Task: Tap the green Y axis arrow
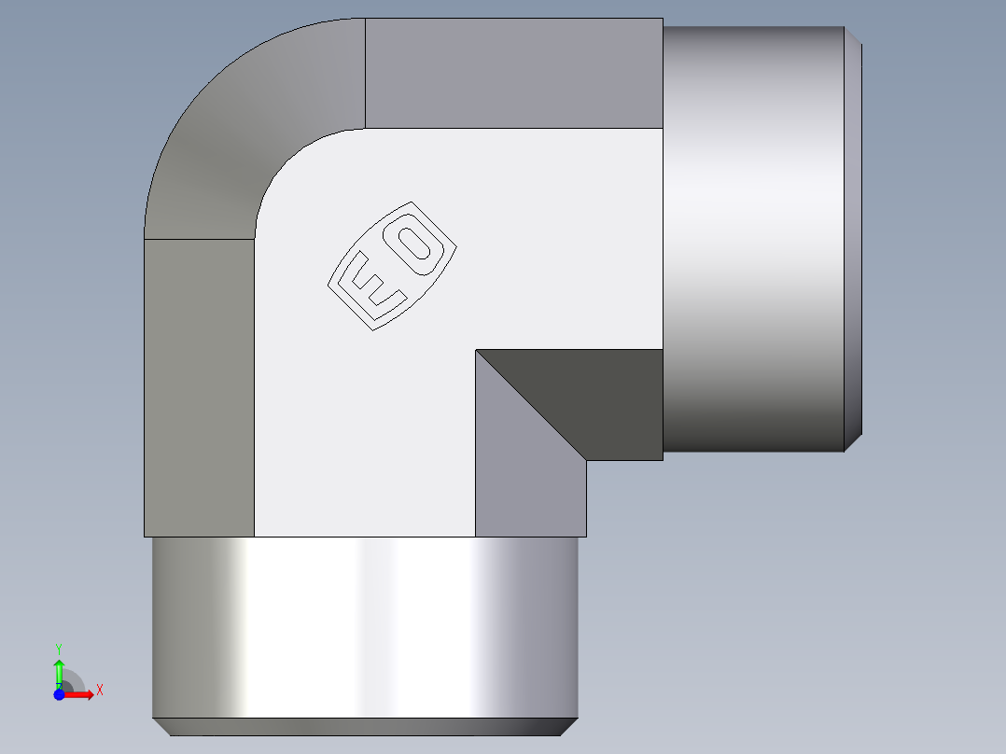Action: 59,670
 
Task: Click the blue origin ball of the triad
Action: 59,694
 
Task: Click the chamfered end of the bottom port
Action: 364,726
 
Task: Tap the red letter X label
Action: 99,691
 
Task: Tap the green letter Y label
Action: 59,647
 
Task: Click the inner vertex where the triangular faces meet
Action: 476,351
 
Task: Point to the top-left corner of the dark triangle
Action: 478,352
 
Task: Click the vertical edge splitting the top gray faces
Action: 365,73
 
